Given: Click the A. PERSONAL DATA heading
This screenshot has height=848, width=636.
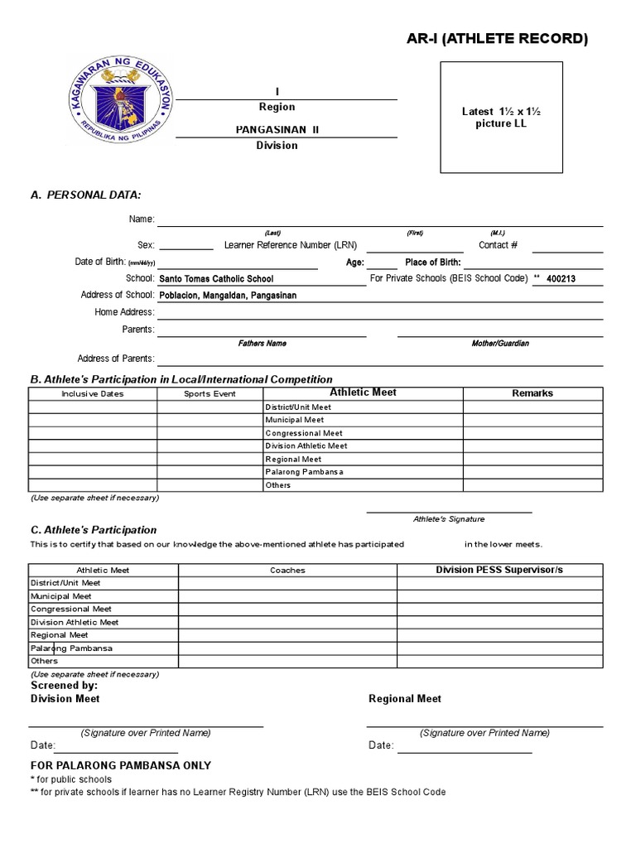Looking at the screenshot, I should (x=85, y=195).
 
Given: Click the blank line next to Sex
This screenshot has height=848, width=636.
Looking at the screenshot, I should (x=185, y=245).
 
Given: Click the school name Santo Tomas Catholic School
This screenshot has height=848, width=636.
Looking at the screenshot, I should (x=216, y=279).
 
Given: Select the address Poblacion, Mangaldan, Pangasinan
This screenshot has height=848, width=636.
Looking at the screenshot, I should (x=228, y=296).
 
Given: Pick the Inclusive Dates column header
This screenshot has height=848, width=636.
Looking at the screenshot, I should (x=93, y=394).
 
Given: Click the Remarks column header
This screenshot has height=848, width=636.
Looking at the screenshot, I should (x=532, y=393).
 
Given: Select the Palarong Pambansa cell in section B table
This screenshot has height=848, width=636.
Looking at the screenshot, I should (x=304, y=472).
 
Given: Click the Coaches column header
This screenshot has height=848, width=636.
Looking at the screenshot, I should (x=287, y=571).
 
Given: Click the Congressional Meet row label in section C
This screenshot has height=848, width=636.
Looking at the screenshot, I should (x=71, y=609).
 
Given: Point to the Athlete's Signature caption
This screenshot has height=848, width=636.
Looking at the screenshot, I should (x=449, y=519).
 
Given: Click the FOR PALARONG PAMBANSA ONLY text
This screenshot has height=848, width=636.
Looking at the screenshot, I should (x=121, y=766).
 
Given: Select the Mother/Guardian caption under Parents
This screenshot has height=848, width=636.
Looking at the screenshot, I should (x=500, y=343).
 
